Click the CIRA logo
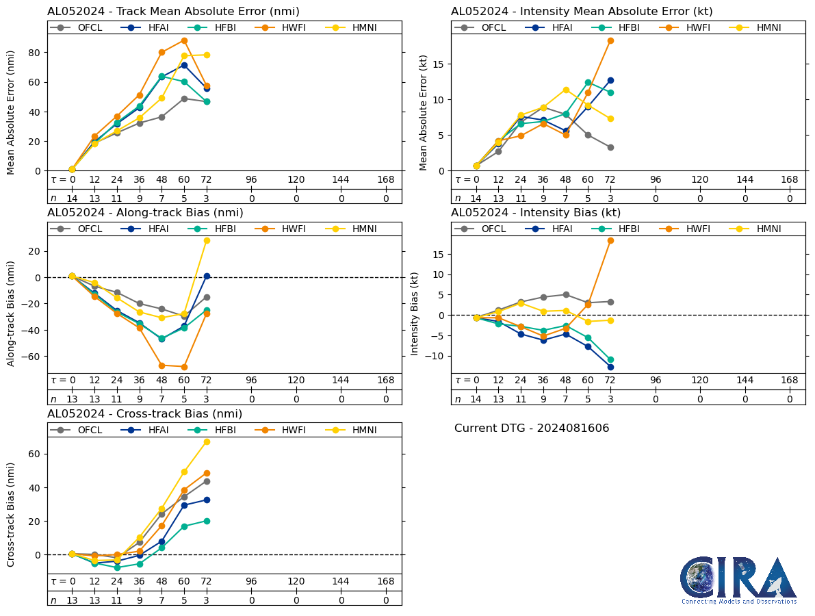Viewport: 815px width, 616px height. [x=738, y=580]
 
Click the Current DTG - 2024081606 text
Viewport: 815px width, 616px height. [x=532, y=428]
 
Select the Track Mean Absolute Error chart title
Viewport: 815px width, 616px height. [x=173, y=12]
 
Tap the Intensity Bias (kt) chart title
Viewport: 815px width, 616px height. [x=536, y=213]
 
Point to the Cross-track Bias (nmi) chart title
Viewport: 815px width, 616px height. [x=144, y=414]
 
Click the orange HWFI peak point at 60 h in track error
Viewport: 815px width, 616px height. [x=184, y=40]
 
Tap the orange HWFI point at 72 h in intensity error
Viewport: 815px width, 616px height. [x=610, y=40]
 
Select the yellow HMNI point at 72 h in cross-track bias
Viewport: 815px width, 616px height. [x=207, y=441]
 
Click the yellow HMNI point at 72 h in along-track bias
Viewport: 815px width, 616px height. [x=207, y=240]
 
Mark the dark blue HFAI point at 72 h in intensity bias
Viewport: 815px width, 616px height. [x=610, y=367]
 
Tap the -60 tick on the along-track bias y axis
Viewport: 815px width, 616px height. [x=31, y=357]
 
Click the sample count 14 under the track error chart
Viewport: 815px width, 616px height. [x=72, y=198]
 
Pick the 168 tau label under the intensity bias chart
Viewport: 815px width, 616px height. [x=790, y=381]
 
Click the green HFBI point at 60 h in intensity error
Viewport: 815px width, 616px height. [x=588, y=83]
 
